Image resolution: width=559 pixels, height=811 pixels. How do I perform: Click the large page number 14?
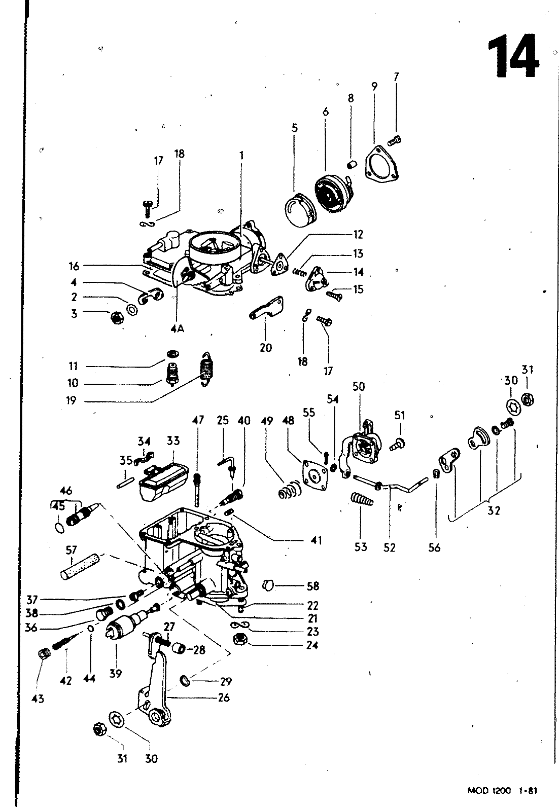(x=512, y=57)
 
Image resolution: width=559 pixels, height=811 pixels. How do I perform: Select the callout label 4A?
(x=177, y=328)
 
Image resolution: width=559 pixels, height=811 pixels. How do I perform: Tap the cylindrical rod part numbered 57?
(x=81, y=567)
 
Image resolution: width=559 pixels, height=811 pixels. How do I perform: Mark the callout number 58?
(x=313, y=586)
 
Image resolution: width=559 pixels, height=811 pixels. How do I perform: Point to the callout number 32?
(x=494, y=511)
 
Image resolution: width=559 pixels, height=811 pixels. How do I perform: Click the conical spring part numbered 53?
(x=362, y=500)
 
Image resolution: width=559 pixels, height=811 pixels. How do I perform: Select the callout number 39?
(x=116, y=674)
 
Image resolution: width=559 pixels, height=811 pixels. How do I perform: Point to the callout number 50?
(x=359, y=387)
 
